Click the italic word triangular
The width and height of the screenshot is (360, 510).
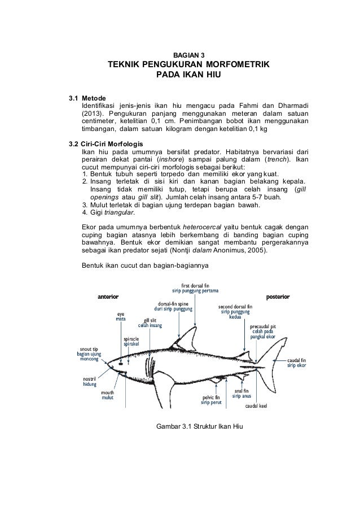114,212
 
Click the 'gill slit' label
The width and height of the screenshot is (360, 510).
150,320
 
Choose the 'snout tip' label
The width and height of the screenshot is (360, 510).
89,348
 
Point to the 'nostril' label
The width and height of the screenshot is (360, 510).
89,377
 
